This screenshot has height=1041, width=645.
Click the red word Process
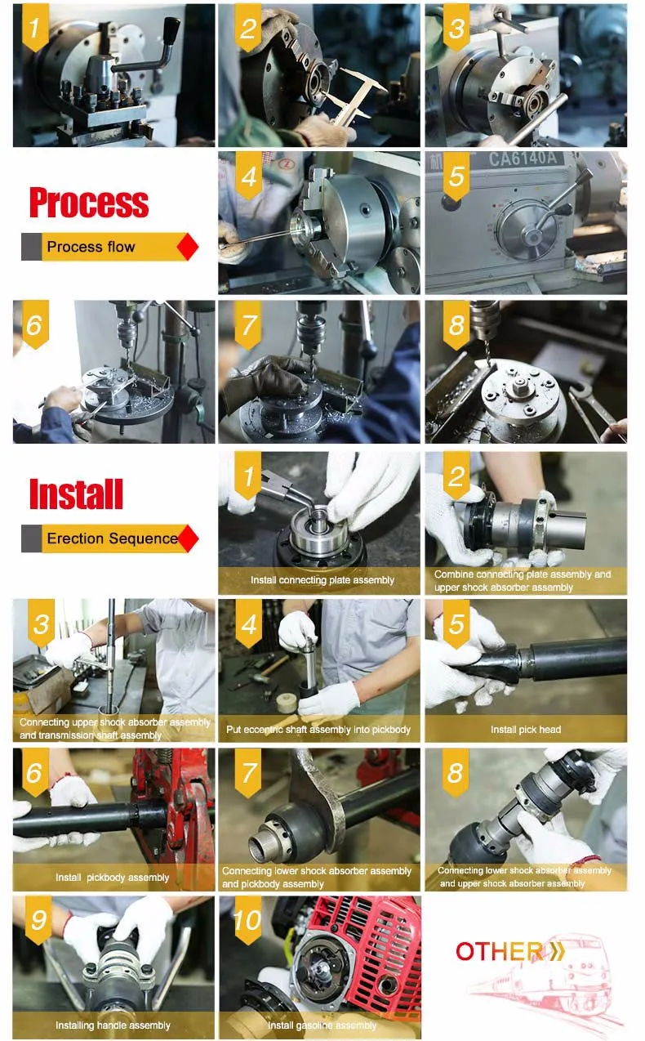(x=89, y=203)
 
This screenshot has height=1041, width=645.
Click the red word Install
(x=76, y=494)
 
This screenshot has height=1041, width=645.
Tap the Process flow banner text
(x=91, y=246)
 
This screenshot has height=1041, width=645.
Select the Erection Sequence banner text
(x=113, y=538)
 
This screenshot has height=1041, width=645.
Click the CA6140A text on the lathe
(x=523, y=159)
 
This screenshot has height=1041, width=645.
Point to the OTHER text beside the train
(x=499, y=951)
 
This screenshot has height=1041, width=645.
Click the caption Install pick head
(x=526, y=730)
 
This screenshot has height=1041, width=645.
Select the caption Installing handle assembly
(x=113, y=1025)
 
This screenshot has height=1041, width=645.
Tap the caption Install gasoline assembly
(x=322, y=1025)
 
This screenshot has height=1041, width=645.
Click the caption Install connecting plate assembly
(x=322, y=580)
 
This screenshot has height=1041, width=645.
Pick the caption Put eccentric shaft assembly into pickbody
(x=318, y=730)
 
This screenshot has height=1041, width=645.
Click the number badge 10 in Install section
(x=248, y=921)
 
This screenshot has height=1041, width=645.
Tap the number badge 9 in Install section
(x=38, y=921)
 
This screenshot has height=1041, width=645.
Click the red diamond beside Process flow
(x=188, y=246)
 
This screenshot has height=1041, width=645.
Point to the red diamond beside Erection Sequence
(x=188, y=538)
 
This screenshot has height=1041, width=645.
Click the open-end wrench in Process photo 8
(x=592, y=408)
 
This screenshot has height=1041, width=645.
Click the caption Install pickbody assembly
(x=113, y=878)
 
